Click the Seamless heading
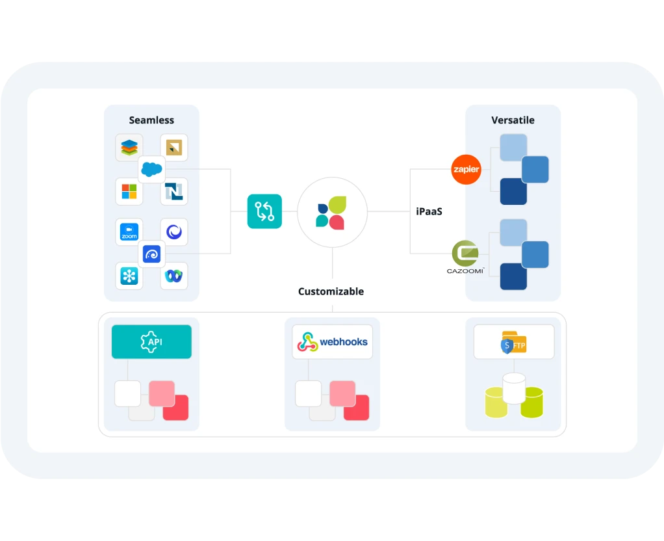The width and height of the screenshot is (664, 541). coord(151,120)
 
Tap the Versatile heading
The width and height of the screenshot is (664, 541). coord(513,120)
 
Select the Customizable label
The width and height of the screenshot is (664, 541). coord(331,291)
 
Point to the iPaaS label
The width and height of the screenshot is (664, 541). coord(429,211)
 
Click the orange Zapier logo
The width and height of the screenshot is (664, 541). coord(466,170)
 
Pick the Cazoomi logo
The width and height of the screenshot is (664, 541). coord(465,256)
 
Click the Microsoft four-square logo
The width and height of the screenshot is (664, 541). coord(129,191)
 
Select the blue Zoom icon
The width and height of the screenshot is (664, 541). coord(129,232)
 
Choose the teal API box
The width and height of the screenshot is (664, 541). coord(151,342)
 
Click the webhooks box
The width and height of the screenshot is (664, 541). coord(332,342)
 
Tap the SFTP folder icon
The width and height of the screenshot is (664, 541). coord(513,342)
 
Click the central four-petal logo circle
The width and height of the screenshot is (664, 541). coord(332,212)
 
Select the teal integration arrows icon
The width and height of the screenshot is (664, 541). coord(264,211)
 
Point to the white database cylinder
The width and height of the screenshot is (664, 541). coord(514,388)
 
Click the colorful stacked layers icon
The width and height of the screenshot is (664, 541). coord(129,148)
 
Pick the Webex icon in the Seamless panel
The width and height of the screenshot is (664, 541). coord(173,276)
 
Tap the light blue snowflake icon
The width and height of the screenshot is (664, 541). coord(129,276)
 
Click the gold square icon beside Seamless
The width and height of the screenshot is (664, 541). coord(173,148)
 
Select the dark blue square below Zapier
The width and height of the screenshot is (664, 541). coord(513,191)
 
